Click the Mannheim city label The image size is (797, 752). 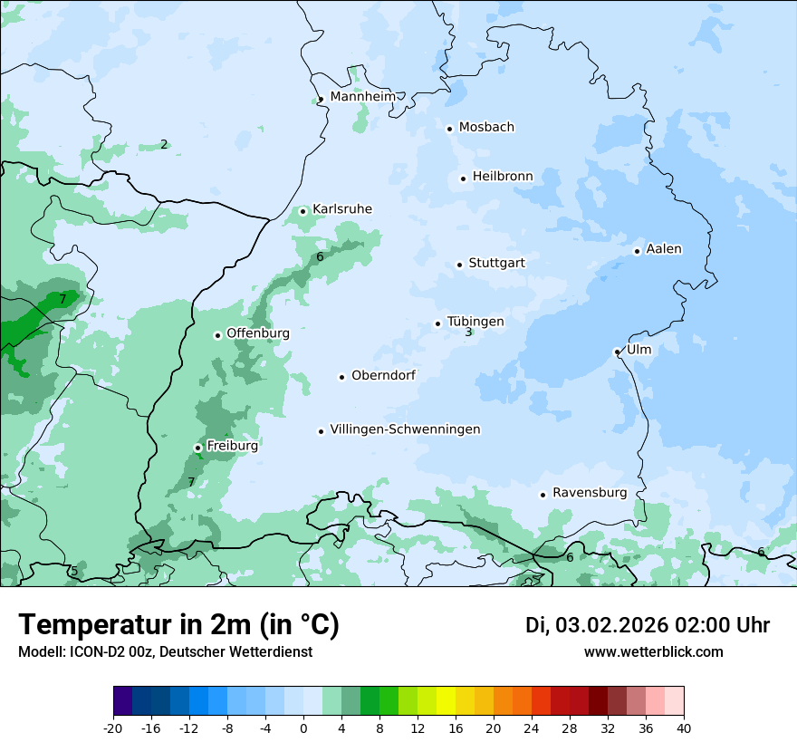[x=362, y=97]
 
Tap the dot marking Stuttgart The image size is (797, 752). [x=460, y=265]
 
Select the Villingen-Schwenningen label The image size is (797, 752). [x=405, y=429]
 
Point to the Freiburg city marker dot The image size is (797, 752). [x=197, y=448]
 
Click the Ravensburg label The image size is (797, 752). [x=590, y=493]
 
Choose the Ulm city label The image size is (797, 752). [x=639, y=350]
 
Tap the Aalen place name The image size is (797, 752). [x=664, y=249]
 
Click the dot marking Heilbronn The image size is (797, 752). [x=463, y=178]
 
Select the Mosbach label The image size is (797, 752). [x=486, y=128]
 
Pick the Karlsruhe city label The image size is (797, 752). [x=341, y=209]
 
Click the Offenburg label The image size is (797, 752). [x=258, y=333]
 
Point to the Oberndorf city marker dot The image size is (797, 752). [x=341, y=377]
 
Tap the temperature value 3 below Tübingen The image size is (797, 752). [x=468, y=333]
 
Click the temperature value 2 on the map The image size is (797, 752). [x=164, y=144]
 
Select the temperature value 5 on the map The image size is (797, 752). [x=73, y=572]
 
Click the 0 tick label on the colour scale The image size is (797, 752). [x=303, y=728]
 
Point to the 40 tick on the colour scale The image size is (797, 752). [x=683, y=728]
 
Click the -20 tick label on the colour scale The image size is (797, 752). [x=113, y=728]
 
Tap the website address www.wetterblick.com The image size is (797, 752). [x=653, y=652]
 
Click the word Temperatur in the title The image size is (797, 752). [x=89, y=625]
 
